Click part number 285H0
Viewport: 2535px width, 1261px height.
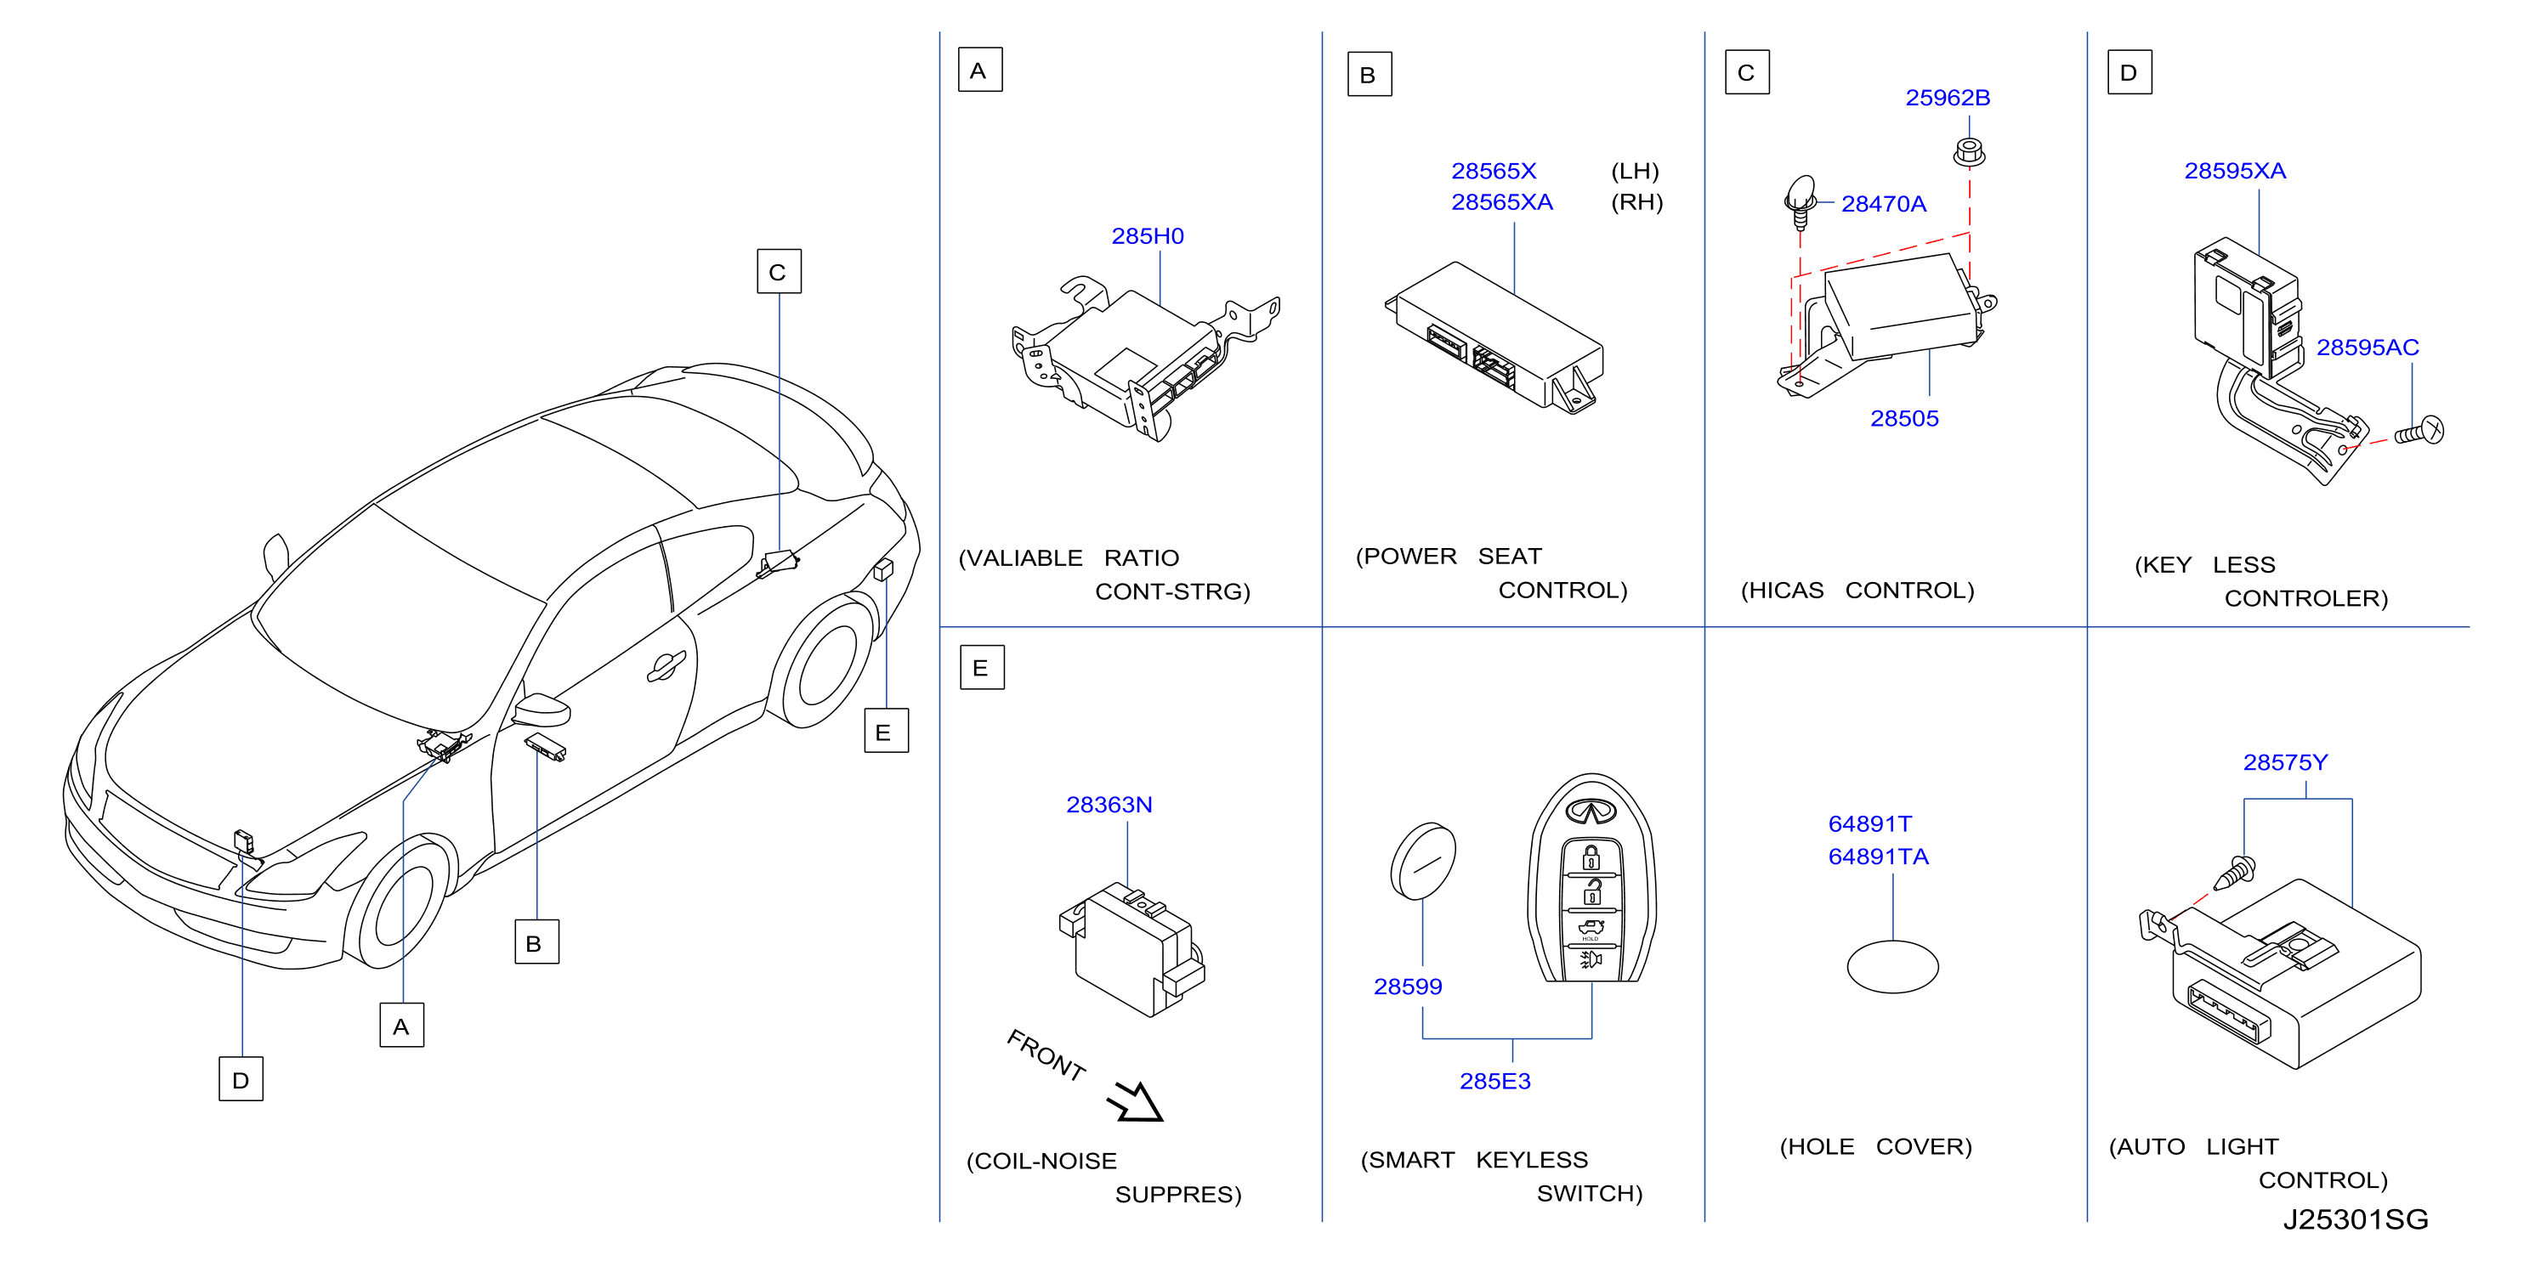(1148, 236)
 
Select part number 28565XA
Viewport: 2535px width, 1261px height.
(1502, 202)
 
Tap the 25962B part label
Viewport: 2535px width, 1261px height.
(1948, 99)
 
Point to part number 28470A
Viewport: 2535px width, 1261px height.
(1884, 205)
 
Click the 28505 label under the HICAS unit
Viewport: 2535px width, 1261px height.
(1904, 419)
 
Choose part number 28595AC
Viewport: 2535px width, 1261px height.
(2367, 348)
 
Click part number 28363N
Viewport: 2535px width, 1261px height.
(1109, 806)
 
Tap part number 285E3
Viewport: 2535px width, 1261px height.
(1494, 1082)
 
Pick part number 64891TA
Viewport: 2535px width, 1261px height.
(1878, 857)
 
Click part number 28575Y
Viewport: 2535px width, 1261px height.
(2285, 763)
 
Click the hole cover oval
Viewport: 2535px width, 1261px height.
(1892, 967)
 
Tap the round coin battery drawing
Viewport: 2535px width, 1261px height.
(1423, 862)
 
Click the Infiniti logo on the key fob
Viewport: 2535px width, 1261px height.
(1591, 811)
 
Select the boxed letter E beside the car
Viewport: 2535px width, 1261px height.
(886, 731)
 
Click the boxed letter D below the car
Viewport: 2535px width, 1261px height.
(241, 1079)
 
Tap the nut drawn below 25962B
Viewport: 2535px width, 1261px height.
(1968, 152)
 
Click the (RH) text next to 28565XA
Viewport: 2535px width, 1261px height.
(1636, 202)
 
